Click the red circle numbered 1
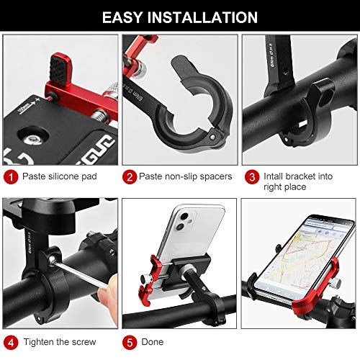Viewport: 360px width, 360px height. [10, 176]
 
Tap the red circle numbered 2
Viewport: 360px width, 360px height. [130, 176]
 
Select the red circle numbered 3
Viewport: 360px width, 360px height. [251, 176]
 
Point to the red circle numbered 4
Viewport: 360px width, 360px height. [10, 341]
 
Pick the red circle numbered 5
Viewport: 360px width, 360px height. [130, 341]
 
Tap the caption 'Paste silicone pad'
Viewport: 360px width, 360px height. [58, 176]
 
